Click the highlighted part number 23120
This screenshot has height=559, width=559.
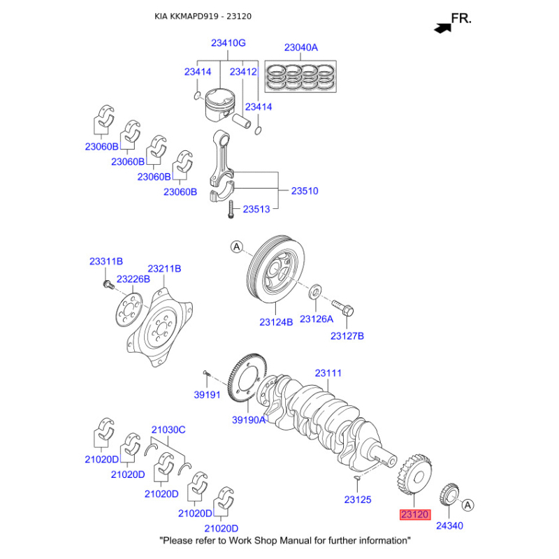click(x=414, y=515)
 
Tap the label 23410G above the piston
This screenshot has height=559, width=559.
click(x=228, y=43)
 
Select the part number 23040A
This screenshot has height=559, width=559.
click(x=300, y=48)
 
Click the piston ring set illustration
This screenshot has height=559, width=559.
click(x=301, y=76)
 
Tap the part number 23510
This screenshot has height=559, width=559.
click(x=305, y=190)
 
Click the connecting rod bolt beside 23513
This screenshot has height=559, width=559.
click(x=228, y=209)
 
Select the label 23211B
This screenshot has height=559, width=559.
click(x=164, y=268)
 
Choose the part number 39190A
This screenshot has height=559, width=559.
click(x=249, y=420)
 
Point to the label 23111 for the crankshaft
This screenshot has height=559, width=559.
click(x=328, y=374)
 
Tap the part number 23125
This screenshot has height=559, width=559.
click(x=358, y=500)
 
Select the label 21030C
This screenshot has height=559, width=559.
click(x=168, y=430)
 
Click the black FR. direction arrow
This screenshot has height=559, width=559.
click(x=442, y=27)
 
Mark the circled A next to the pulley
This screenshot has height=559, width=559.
click(x=236, y=247)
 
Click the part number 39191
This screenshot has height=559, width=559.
click(x=207, y=395)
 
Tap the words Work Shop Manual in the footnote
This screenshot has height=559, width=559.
click(x=286, y=540)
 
